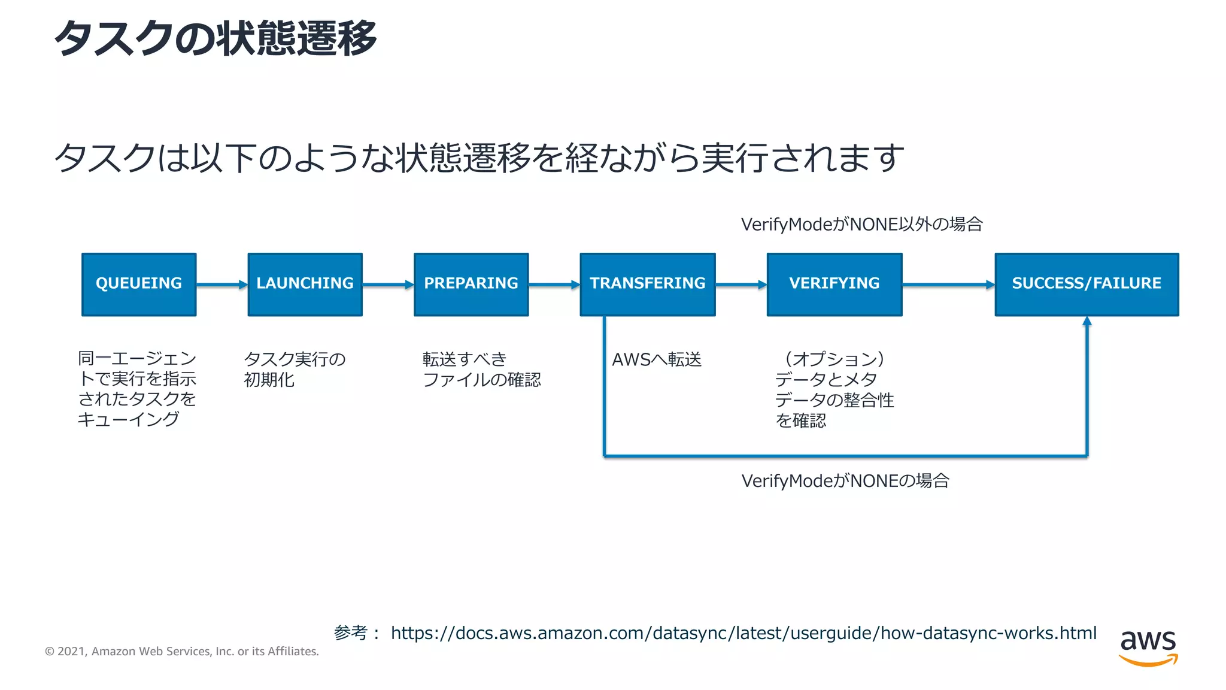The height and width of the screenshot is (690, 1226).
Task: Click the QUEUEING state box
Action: [x=139, y=284]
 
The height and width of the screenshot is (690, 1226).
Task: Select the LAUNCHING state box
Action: [x=305, y=284]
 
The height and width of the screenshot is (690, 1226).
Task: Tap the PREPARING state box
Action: [x=471, y=284]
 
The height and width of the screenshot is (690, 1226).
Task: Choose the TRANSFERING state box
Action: [x=648, y=284]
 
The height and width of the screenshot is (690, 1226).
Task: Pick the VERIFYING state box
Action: [x=834, y=284]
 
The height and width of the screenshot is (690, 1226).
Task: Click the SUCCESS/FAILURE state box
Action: [x=1087, y=284]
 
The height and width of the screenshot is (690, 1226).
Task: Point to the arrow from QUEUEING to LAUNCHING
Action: [x=221, y=285]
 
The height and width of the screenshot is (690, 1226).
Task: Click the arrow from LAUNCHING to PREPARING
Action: [x=388, y=285]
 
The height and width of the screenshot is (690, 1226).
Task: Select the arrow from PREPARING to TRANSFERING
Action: [x=554, y=285]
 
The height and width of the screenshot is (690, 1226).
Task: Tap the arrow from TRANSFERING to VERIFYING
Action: [x=741, y=285]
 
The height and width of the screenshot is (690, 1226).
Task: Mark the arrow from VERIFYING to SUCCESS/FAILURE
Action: [x=948, y=285]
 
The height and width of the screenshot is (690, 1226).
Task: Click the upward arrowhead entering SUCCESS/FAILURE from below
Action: [x=1087, y=322]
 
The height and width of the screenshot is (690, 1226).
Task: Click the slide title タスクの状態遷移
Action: [x=216, y=38]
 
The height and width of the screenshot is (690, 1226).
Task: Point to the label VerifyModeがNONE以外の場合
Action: [x=861, y=224]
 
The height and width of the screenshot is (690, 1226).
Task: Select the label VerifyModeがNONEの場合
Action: [x=845, y=480]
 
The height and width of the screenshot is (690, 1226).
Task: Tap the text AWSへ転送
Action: [x=657, y=359]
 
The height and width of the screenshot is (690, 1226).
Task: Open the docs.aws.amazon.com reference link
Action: [x=744, y=633]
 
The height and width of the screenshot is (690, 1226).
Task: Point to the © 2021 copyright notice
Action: [x=182, y=651]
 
